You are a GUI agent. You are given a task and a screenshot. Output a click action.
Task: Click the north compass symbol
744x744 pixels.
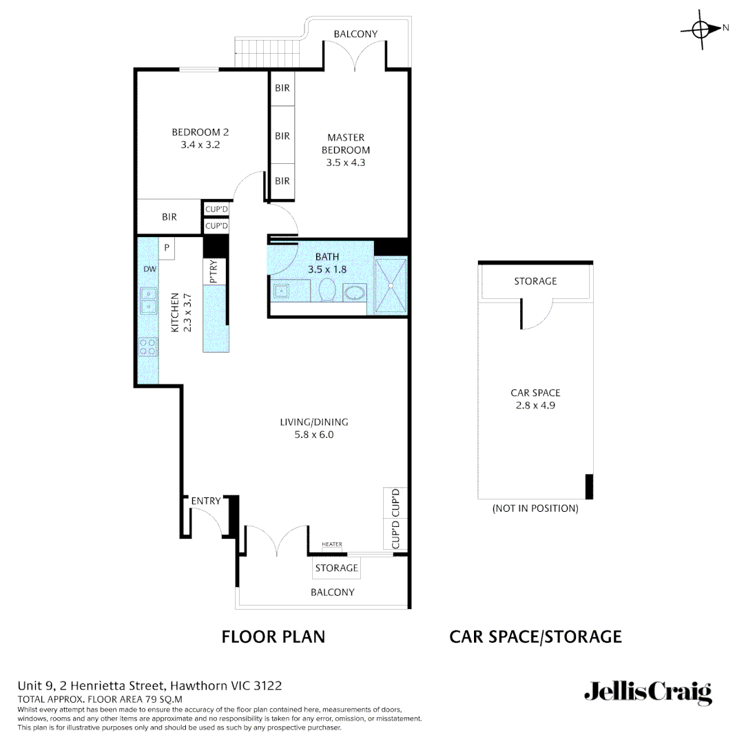(701, 29)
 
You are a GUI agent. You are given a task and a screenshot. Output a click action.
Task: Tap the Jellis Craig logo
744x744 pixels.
(648, 692)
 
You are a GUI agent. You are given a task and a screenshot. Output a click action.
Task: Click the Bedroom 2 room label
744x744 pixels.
(200, 132)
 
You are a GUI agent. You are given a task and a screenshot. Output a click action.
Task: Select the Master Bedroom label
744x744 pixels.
(346, 143)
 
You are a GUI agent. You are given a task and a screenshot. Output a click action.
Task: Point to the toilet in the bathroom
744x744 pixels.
(327, 291)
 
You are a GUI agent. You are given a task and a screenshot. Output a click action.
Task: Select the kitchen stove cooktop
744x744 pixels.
(147, 347)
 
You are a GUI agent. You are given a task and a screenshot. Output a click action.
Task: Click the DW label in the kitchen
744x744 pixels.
(149, 269)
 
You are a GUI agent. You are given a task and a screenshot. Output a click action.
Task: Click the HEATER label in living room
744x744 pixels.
(331, 544)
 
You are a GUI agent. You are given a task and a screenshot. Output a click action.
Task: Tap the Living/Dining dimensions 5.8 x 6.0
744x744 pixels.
(313, 435)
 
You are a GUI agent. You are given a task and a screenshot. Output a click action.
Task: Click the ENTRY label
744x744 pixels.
(206, 501)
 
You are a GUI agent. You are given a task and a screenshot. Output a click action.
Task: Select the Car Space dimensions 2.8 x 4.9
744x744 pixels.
(535, 405)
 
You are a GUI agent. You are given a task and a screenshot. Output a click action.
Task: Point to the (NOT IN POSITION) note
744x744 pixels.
(535, 508)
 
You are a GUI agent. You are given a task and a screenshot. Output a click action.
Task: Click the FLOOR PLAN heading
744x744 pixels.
(273, 637)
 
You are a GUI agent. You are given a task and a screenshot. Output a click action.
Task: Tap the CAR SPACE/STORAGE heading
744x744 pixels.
(535, 637)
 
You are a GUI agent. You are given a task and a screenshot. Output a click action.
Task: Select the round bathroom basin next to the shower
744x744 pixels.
(355, 292)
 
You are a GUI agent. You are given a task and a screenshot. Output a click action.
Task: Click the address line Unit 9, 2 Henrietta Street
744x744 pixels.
(149, 686)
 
